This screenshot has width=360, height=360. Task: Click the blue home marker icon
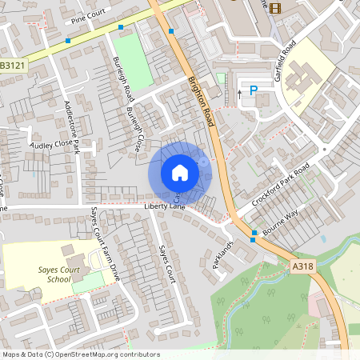(180, 172)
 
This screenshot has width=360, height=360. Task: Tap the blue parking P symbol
(254, 91)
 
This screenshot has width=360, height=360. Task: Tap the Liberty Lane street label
(164, 206)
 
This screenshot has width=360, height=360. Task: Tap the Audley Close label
(50, 145)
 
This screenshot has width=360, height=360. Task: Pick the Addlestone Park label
(71, 128)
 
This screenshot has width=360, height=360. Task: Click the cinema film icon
(275, 8)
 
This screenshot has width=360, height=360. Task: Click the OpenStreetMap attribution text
(81, 354)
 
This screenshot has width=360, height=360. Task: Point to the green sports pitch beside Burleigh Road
(137, 60)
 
